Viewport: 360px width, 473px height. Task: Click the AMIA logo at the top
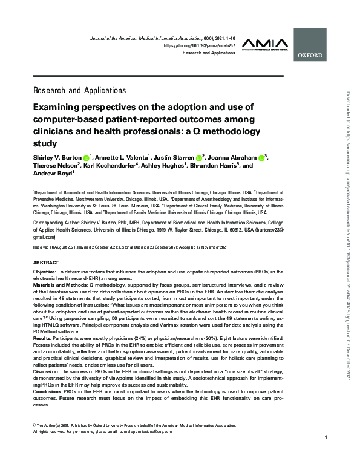[x=266, y=44]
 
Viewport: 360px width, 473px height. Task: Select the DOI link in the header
[x=199, y=45]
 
